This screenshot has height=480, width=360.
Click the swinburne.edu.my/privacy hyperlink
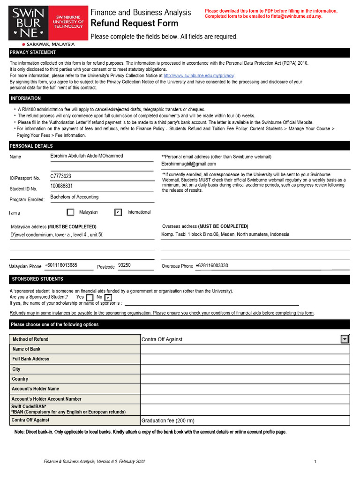199,75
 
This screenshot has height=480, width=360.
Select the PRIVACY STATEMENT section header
33,52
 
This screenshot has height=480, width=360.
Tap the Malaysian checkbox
70,212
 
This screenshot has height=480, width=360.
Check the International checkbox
118,212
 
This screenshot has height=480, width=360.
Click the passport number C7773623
61,176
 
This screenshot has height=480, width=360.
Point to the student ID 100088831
62,186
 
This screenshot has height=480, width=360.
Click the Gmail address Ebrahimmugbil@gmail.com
188,164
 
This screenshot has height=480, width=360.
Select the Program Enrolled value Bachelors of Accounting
75,197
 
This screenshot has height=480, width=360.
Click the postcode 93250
124,265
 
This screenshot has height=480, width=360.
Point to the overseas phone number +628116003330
212,266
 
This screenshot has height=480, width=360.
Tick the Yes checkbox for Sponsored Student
90,297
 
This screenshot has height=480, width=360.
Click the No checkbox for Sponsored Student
108,297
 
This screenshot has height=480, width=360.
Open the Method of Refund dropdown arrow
345,339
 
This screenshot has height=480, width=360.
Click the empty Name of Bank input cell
245,349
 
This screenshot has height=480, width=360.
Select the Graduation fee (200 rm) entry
168,421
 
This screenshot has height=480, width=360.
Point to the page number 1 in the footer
315,462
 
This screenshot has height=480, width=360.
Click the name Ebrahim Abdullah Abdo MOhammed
87,156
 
